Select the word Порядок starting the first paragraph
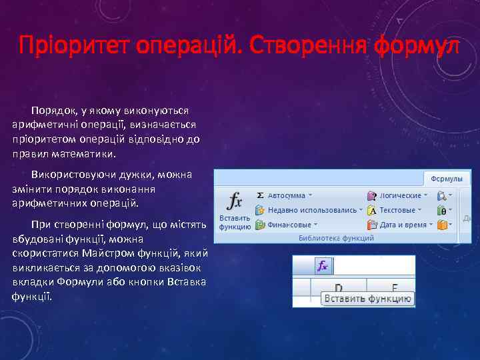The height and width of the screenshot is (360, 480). [52, 110]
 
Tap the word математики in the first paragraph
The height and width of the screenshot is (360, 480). [79, 153]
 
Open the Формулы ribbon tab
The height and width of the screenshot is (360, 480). [447, 179]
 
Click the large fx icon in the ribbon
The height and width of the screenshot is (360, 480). [234, 201]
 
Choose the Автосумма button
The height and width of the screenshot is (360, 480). [287, 196]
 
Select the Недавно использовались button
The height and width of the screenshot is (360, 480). [312, 209]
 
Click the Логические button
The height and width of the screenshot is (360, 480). [401, 196]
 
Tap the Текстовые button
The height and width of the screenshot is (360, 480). [397, 210]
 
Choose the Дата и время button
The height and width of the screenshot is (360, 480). [403, 225]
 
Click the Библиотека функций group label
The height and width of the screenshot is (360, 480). [336, 238]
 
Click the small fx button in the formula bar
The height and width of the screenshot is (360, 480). [323, 266]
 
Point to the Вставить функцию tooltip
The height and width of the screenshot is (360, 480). [367, 299]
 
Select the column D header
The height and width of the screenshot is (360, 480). [339, 287]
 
